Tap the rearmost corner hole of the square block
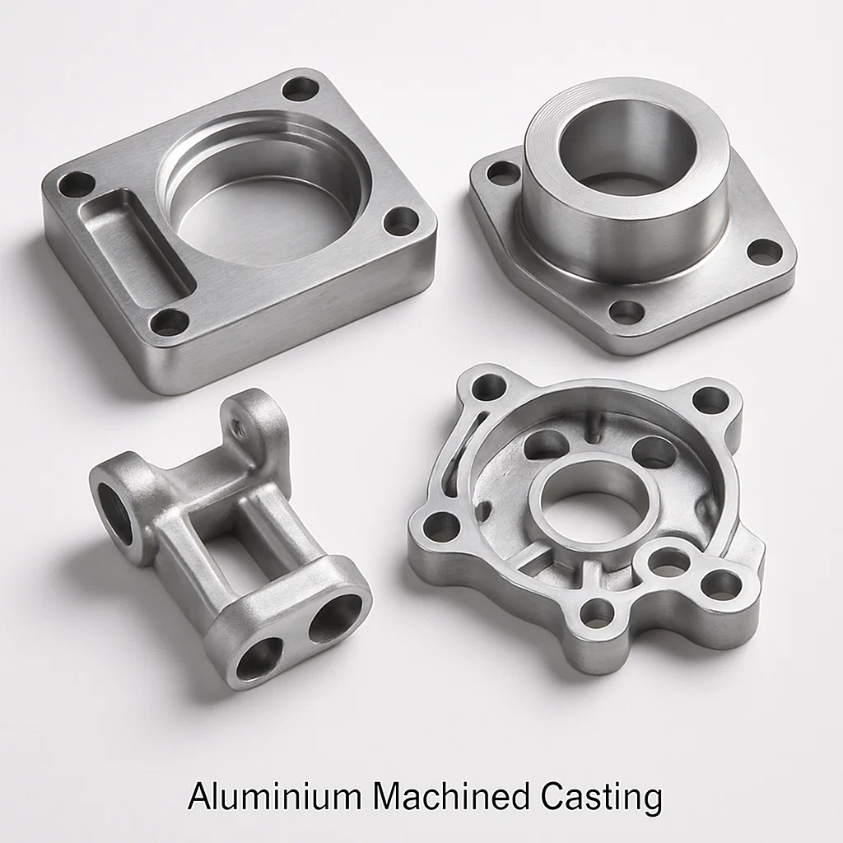point(300,88)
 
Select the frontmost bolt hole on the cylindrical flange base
point(626,312)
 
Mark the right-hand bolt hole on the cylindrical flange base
point(765,251)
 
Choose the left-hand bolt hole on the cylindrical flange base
point(503,173)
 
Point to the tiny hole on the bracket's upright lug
point(240,427)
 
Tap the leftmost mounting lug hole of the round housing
point(440,526)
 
